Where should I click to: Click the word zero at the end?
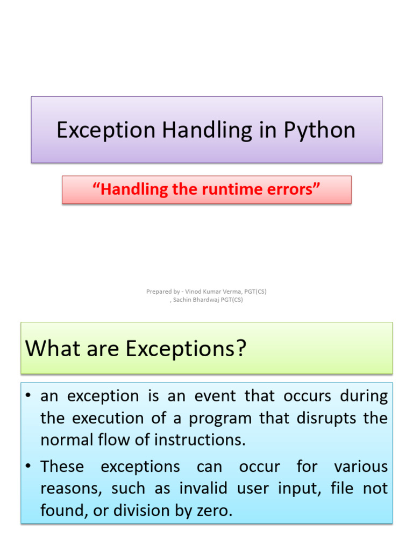coord(212,511)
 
